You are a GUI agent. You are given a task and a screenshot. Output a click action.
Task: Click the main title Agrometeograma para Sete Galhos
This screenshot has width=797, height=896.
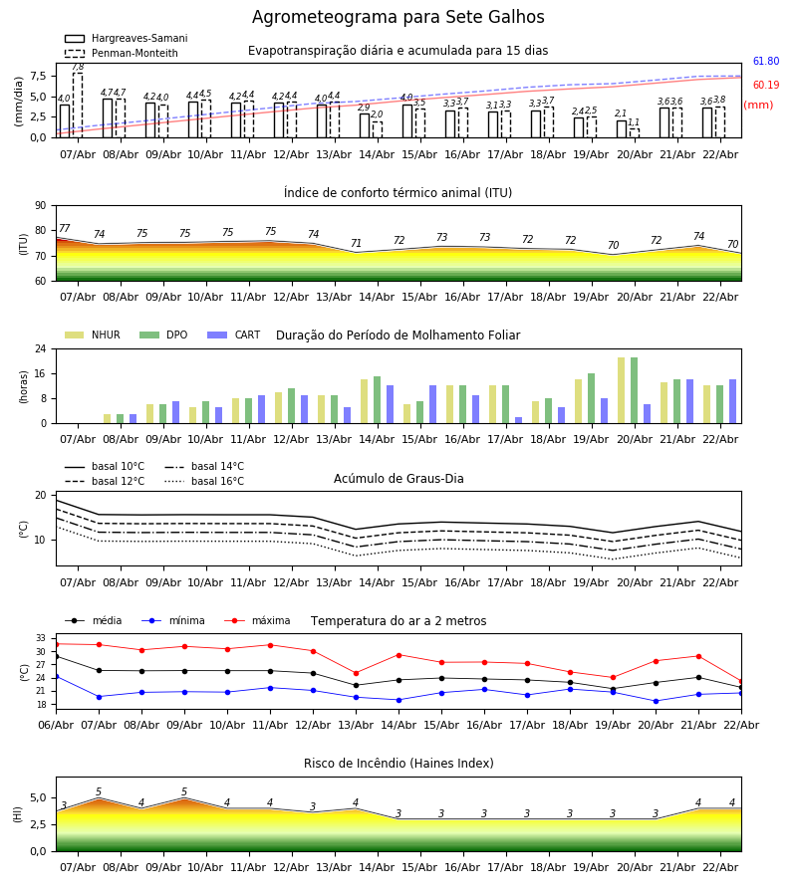[398, 18]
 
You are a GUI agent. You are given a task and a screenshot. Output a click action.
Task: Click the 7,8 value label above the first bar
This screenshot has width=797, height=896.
[78, 67]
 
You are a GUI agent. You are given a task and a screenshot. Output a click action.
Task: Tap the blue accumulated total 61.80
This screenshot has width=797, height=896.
[765, 62]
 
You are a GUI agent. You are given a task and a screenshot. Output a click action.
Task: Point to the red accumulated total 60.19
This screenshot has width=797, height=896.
[765, 86]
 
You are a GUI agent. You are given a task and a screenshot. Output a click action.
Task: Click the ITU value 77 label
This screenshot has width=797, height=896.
[65, 229]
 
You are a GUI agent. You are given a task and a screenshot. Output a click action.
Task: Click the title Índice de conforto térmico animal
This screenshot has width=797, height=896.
[398, 193]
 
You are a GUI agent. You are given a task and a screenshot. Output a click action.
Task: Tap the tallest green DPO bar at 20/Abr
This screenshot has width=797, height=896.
[635, 390]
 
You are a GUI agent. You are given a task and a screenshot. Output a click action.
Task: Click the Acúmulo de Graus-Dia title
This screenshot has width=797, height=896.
[398, 479]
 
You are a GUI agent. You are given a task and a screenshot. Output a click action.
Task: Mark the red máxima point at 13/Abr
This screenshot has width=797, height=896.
[356, 673]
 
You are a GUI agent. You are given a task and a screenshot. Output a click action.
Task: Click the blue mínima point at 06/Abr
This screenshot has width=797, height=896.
[56, 676]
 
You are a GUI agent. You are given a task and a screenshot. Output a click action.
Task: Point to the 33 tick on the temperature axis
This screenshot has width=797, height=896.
[41, 638]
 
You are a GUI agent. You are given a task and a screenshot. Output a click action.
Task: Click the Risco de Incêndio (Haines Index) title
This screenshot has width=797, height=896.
[398, 764]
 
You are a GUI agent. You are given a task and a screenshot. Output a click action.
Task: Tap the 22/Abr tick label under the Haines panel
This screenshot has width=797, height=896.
[720, 868]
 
